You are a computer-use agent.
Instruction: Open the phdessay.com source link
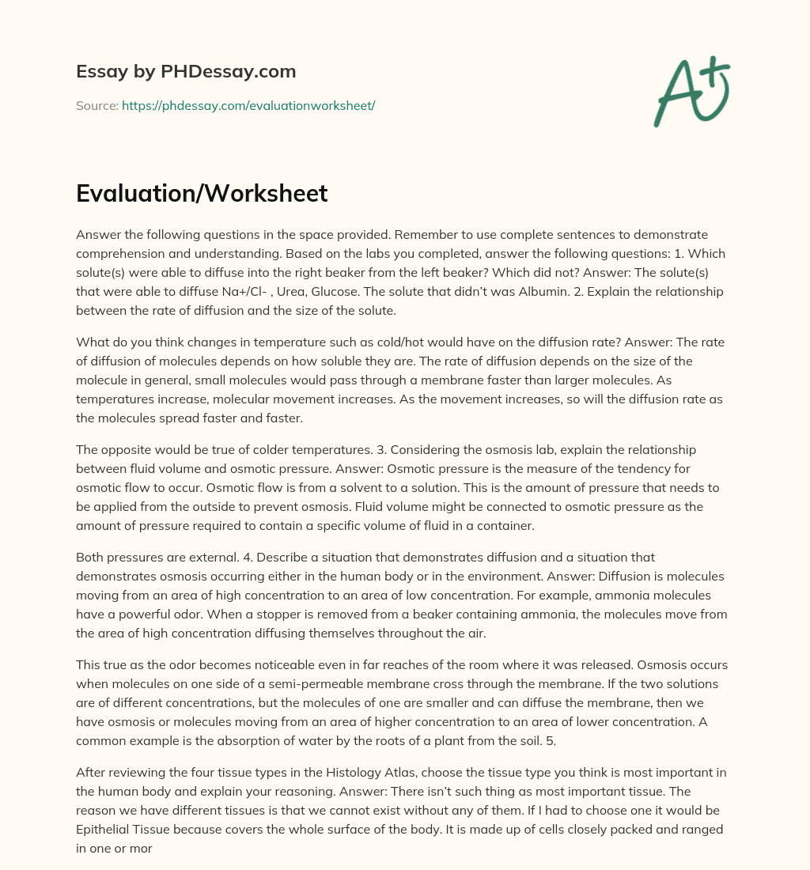(x=248, y=105)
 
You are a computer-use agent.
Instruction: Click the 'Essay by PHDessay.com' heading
(x=186, y=72)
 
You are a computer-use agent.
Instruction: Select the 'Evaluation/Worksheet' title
(x=202, y=194)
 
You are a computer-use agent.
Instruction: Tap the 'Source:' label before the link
(x=97, y=105)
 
